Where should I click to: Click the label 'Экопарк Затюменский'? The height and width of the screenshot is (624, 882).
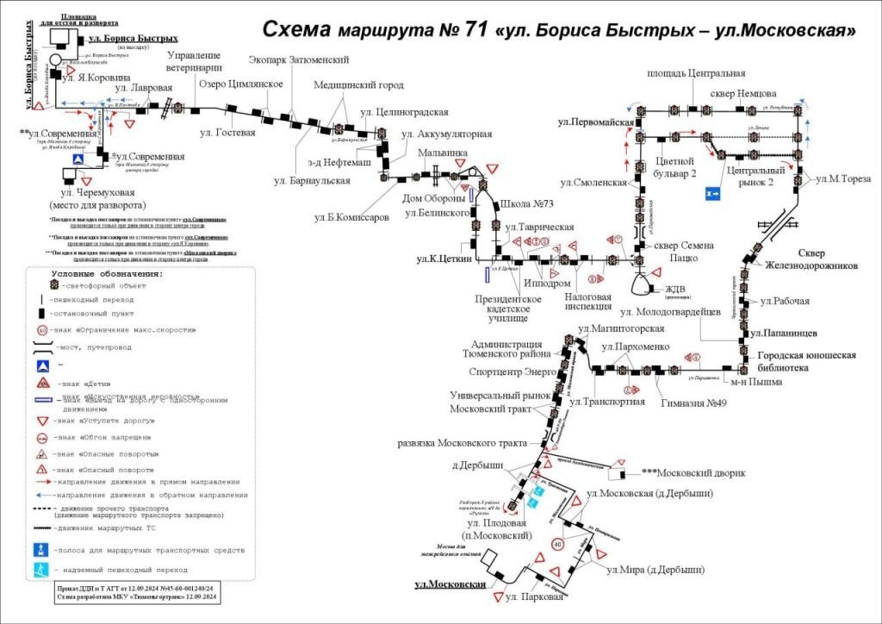[x=298, y=60]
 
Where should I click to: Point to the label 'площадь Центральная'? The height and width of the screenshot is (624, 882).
[x=696, y=74]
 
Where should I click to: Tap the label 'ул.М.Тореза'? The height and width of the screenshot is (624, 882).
[x=844, y=178]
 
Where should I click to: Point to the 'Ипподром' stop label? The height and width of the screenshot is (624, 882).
[x=547, y=283]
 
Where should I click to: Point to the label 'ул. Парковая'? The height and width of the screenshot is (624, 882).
[x=534, y=596]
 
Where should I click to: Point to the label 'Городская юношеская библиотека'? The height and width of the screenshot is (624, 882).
[x=806, y=361]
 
